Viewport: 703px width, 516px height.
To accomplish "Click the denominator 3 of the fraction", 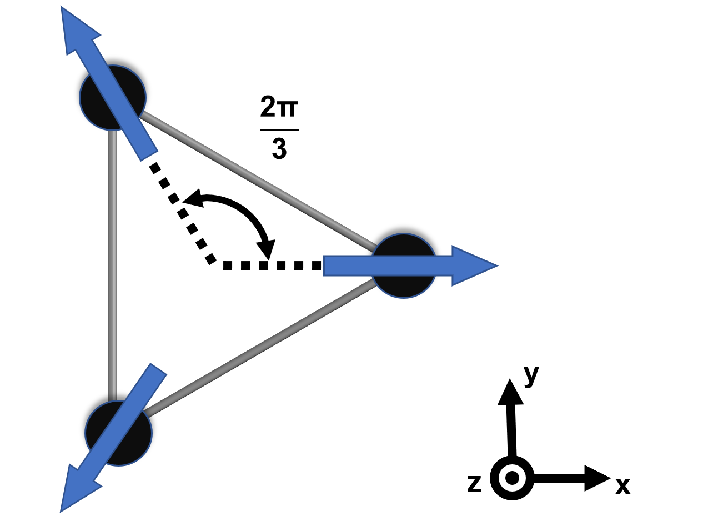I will click(x=279, y=148).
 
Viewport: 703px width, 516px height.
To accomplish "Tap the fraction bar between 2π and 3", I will click(x=279, y=130).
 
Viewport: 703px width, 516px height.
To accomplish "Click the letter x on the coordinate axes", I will click(x=622, y=485).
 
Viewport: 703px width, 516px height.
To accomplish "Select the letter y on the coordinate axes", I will click(x=531, y=375).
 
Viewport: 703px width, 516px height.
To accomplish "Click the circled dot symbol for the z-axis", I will click(x=512, y=478).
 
